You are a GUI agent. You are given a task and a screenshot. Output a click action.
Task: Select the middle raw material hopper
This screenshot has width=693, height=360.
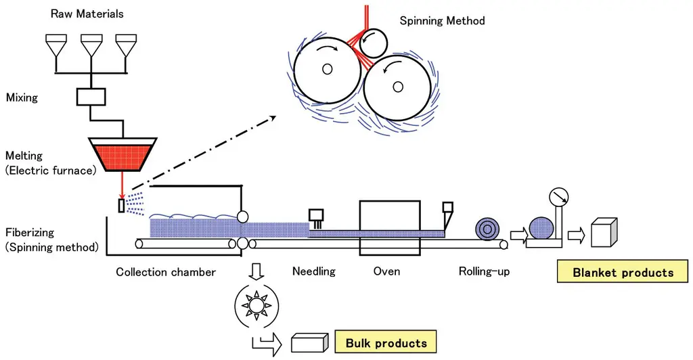(x=91, y=47)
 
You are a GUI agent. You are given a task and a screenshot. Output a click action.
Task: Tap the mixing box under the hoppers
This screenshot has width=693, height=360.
(x=90, y=97)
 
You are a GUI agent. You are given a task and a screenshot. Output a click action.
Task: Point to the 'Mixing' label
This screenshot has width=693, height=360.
(x=22, y=97)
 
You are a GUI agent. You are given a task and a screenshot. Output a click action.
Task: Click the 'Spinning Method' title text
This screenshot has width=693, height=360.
(x=442, y=21)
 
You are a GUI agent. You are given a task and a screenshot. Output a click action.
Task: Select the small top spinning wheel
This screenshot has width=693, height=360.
(x=372, y=43)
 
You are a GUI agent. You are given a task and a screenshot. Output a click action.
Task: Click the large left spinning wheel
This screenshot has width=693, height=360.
(x=328, y=69)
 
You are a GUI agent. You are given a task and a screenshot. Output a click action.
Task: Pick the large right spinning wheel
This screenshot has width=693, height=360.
(x=398, y=86)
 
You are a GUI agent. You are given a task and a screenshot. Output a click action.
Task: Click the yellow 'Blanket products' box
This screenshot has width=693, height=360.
(x=623, y=273)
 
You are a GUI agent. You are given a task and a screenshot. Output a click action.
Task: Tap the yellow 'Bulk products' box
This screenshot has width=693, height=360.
(x=386, y=343)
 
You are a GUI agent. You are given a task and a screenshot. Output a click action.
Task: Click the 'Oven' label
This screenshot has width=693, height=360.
(x=386, y=271)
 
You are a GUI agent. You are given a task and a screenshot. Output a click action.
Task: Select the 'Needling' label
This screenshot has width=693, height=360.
(x=313, y=271)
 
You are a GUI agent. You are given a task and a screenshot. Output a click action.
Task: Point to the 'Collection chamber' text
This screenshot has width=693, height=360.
(x=166, y=272)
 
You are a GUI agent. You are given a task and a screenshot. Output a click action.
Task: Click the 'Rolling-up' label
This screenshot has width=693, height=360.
(x=484, y=271)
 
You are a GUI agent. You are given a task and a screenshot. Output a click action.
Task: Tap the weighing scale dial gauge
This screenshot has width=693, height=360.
(x=558, y=197)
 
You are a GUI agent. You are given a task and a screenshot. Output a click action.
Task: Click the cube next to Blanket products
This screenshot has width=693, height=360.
(x=604, y=233)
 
